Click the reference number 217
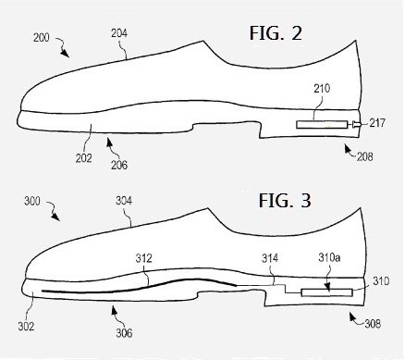coord(378,123)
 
